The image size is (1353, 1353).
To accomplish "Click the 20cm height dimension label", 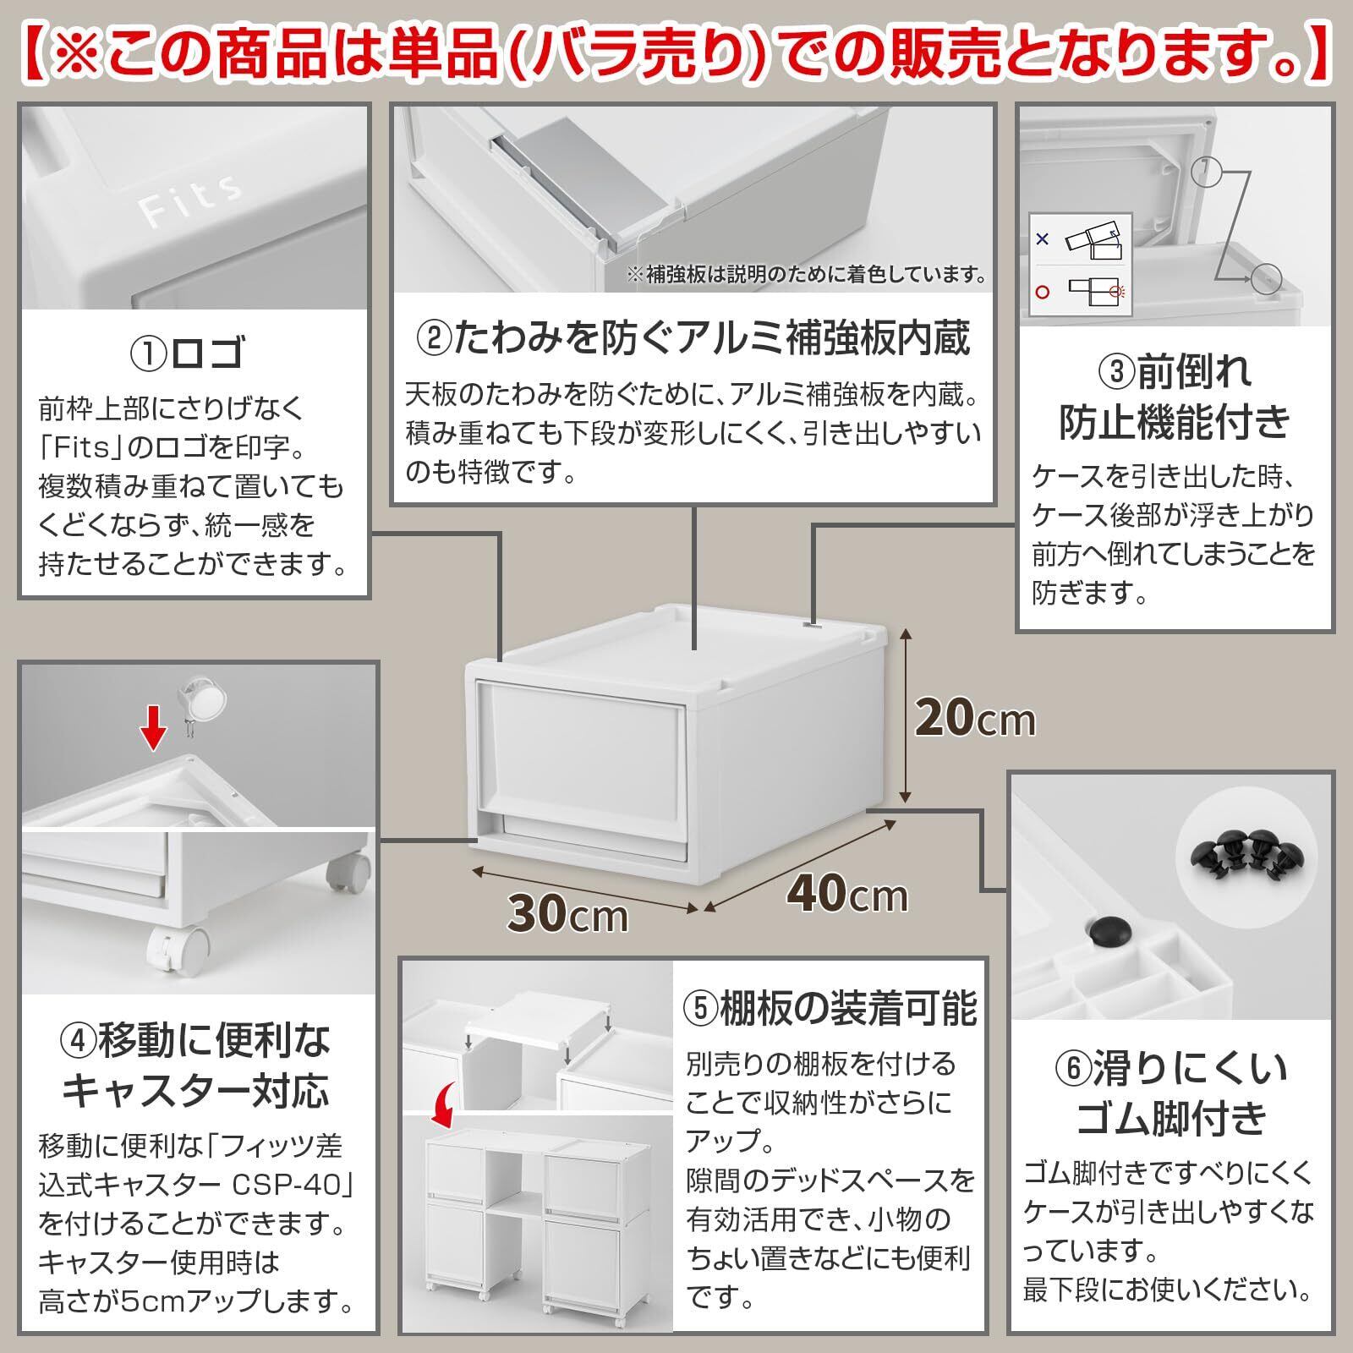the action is tap(975, 719).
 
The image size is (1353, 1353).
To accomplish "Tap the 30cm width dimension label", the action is tap(567, 913).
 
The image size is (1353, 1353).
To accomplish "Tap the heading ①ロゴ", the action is tap(188, 353).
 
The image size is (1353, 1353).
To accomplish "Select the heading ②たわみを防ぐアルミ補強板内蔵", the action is tap(693, 337).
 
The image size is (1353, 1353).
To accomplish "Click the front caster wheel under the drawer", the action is tap(179, 946).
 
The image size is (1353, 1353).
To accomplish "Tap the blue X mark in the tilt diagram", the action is tap(1043, 240).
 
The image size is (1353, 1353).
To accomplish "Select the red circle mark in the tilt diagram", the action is tap(1043, 292).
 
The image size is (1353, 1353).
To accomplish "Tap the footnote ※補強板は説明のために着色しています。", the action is tap(806, 275).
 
